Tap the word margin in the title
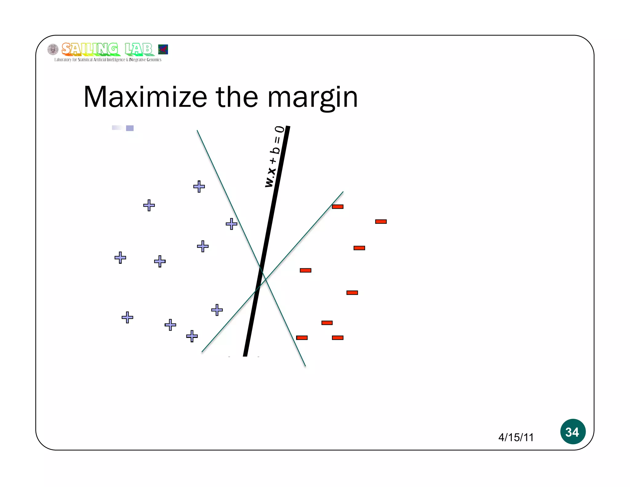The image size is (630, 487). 313,98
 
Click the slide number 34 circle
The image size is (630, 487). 572,431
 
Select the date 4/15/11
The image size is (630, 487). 516,437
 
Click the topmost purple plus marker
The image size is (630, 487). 199,187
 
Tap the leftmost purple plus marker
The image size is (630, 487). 120,258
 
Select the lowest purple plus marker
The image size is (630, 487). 192,336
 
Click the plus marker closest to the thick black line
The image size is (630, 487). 231,224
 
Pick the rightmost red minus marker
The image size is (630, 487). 381,222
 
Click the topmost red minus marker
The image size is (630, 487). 337,207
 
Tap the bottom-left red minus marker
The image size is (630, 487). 302,338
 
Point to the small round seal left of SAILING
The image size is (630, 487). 53,49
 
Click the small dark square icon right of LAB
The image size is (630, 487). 163,49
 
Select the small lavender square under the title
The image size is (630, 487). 130,128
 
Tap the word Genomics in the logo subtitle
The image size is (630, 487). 154,60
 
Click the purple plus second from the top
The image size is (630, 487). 149,205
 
